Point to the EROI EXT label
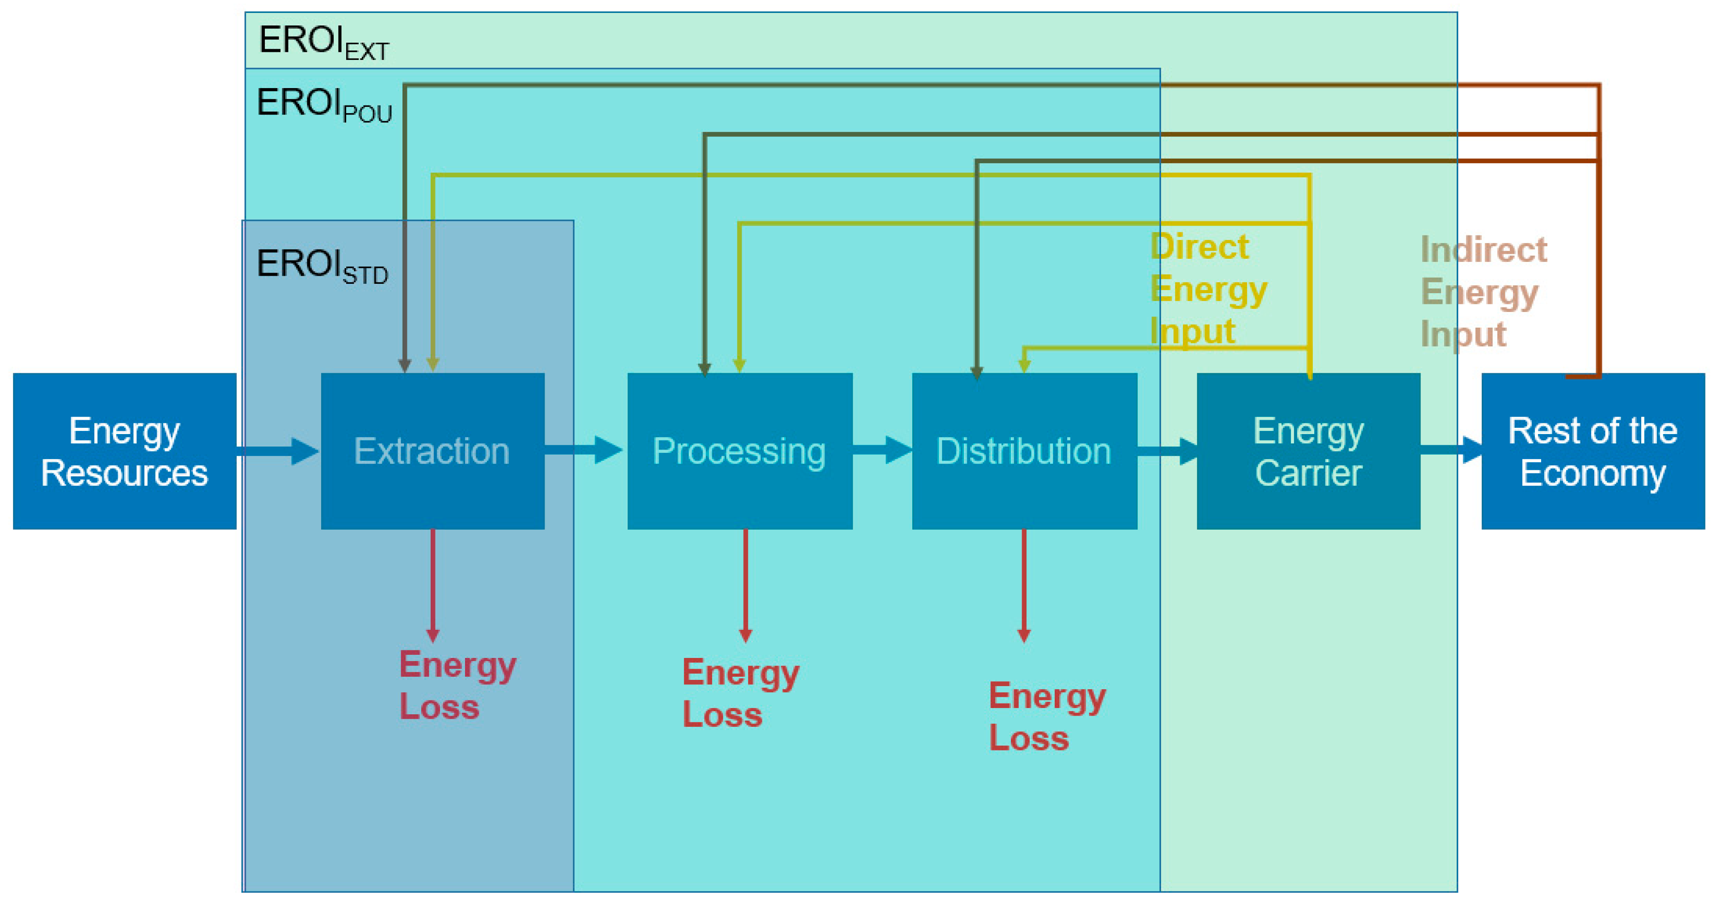point(323,42)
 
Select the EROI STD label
point(322,265)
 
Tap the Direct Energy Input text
point(1207,289)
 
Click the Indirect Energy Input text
point(1482,291)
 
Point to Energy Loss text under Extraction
point(457,685)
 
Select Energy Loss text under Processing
point(740,692)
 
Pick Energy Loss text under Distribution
point(1047,716)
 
